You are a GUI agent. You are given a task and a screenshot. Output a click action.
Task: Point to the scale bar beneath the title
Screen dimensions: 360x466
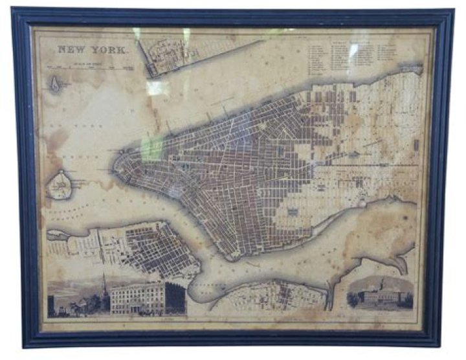(87, 67)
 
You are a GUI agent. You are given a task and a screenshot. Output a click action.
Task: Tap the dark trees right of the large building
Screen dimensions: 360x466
(175, 298)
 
